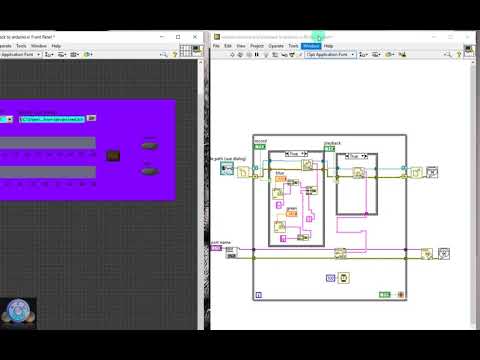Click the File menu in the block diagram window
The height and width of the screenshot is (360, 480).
tap(216, 46)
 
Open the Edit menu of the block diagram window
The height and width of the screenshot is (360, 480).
tap(228, 46)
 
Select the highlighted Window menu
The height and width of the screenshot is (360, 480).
tap(310, 46)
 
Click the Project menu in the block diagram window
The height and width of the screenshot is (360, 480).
tap(256, 46)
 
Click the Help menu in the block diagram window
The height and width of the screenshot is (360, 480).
tap(328, 46)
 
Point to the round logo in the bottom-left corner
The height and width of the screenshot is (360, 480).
tap(18, 313)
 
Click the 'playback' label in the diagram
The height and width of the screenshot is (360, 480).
tap(333, 142)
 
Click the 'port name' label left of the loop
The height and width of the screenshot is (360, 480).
tap(221, 241)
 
